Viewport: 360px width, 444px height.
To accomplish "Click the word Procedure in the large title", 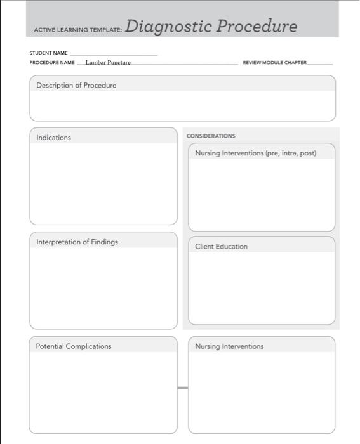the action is click(257, 27).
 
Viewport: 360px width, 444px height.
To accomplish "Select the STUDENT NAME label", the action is click(48, 53).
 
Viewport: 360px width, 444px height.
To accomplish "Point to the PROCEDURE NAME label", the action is click(52, 63).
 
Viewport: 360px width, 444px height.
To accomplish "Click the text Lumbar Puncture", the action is click(107, 63).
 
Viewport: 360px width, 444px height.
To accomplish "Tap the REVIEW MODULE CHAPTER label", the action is click(274, 63).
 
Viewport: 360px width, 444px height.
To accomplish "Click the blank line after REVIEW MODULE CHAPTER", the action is click(319, 64).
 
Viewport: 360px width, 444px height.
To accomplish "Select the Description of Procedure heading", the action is click(76, 85).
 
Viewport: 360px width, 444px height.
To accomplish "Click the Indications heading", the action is click(53, 138).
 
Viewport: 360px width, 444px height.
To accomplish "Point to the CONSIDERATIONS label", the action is click(211, 136).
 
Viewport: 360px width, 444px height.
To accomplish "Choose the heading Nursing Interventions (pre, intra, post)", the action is click(255, 153).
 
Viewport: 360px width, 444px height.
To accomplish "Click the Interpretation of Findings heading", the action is click(77, 242).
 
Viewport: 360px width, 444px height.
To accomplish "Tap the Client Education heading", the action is click(221, 246).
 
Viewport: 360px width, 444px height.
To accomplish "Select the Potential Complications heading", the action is click(73, 346).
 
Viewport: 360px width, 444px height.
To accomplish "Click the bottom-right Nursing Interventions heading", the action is click(229, 346).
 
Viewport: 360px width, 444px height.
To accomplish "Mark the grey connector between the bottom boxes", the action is click(183, 388).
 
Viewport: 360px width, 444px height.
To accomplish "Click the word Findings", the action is click(104, 242).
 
